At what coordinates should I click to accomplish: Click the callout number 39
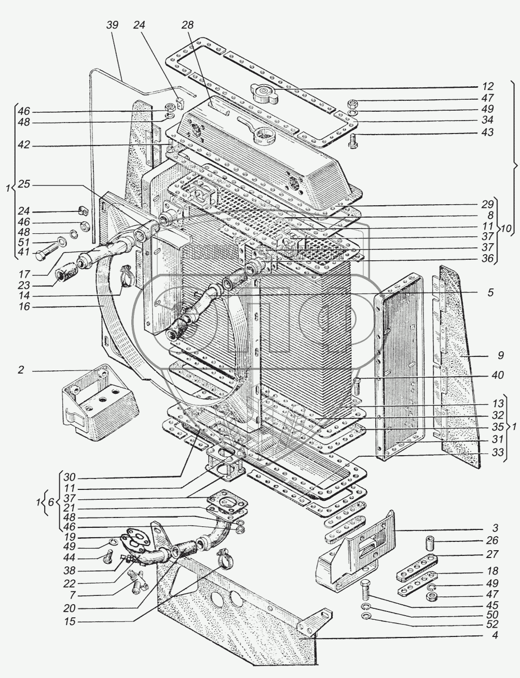coord(113,25)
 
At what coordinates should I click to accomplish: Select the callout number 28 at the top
coord(187,25)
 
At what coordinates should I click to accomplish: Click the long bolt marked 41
coord(43,255)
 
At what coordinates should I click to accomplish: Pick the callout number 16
coord(23,307)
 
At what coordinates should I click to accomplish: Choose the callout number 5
coord(490,292)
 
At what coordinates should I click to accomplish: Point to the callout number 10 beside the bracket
coord(506,229)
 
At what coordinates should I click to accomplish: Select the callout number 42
coord(23,146)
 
